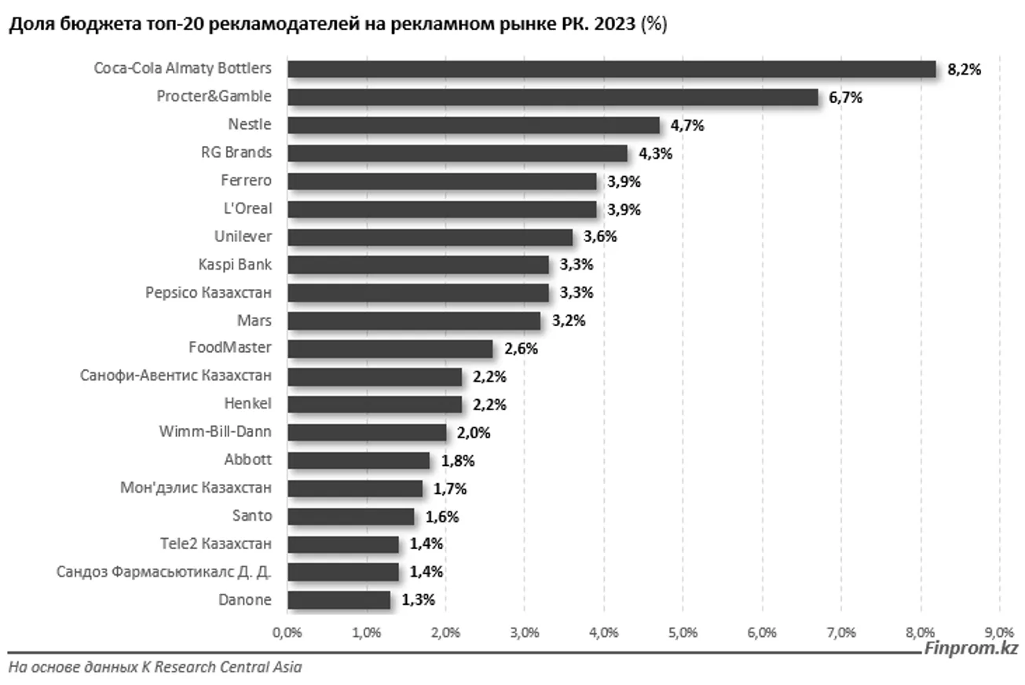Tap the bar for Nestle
point(473,125)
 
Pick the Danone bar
point(339,600)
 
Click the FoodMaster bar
point(390,349)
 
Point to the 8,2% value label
point(965,70)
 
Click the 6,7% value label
point(846,98)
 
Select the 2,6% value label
point(521,350)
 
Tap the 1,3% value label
point(418,601)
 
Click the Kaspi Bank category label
point(235,265)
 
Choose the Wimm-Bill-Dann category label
point(215,432)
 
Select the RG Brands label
point(236,152)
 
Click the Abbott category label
point(247,460)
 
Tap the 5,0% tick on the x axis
point(683,632)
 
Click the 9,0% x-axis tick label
point(999,632)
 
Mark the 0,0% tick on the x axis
point(287,632)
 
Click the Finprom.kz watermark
point(971,649)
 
